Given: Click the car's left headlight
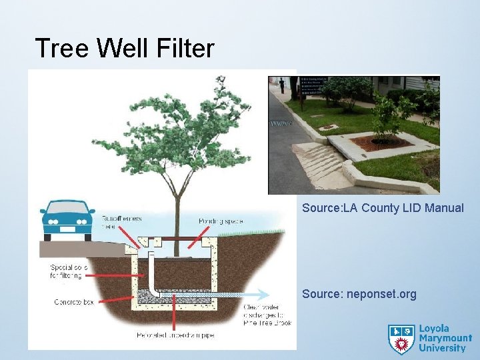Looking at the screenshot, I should [50, 220].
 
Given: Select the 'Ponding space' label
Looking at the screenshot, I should [220, 221].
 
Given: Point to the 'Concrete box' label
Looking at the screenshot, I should [73, 302].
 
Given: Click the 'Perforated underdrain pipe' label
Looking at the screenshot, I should [176, 334].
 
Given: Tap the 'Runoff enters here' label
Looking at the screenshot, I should [121, 222].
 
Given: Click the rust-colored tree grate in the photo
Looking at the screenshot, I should [381, 142].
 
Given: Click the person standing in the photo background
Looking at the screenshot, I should [282, 85].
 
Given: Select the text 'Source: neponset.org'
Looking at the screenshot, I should [359, 294].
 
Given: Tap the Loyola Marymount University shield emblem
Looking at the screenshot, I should [401, 339].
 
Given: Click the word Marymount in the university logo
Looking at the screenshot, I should [445, 339].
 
